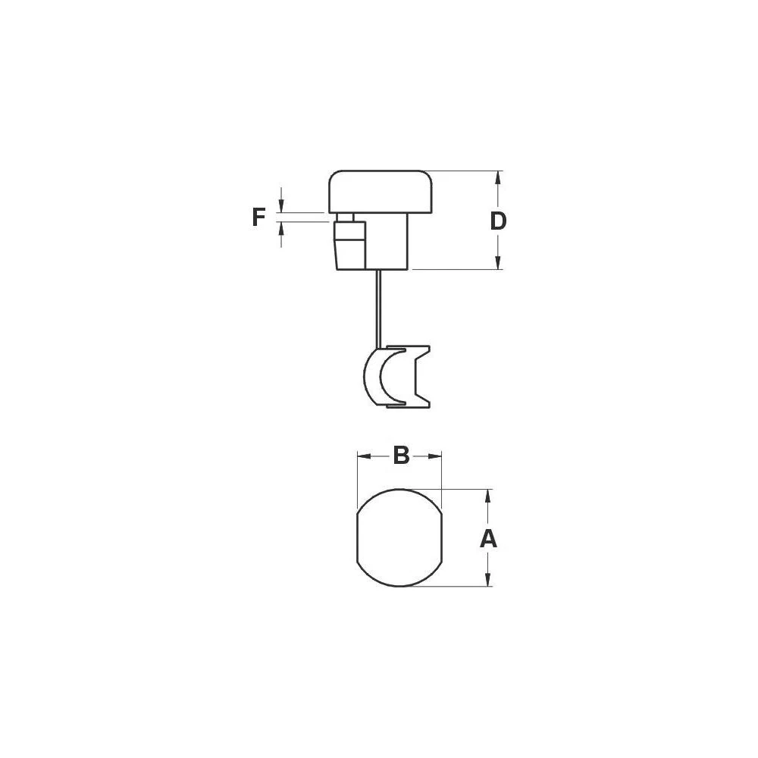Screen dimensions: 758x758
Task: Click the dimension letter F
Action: [259, 218]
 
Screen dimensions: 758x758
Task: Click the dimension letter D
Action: [498, 221]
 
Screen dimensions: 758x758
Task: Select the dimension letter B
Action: [401, 456]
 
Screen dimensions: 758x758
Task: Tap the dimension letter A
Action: [489, 539]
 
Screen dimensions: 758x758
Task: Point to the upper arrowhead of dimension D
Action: [498, 178]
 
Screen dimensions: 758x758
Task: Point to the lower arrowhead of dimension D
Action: [498, 262]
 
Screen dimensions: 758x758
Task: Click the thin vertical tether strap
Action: [376, 307]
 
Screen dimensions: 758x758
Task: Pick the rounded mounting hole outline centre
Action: [399, 537]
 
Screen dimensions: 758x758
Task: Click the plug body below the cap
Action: [388, 241]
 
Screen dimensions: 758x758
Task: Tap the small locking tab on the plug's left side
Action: [349, 241]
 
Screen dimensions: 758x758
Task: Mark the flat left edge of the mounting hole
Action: [357, 537]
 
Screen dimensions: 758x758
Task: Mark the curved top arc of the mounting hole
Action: [399, 490]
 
